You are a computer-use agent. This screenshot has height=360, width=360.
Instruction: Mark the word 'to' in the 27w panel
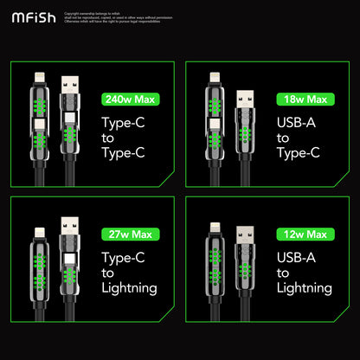coord(107,273)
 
